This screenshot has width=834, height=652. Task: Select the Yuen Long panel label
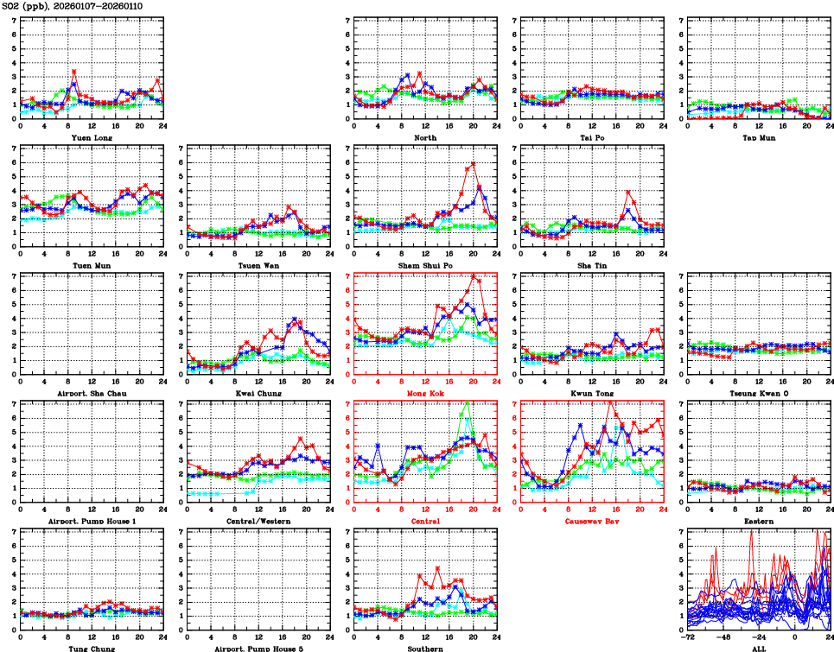click(91, 137)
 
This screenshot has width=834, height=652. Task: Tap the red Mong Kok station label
click(424, 394)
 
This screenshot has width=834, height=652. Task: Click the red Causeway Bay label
click(591, 522)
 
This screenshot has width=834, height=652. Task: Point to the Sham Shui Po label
click(424, 265)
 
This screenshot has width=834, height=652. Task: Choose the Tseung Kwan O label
click(758, 394)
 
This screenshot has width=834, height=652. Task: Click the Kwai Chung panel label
click(258, 394)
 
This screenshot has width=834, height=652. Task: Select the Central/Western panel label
click(258, 522)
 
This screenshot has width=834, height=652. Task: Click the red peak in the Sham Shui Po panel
click(474, 164)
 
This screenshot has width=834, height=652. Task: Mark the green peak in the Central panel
click(468, 402)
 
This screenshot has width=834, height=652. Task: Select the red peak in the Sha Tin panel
click(627, 192)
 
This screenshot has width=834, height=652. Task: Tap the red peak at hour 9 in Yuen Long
click(74, 72)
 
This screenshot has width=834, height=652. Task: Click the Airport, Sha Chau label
click(91, 394)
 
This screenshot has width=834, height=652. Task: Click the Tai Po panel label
click(591, 137)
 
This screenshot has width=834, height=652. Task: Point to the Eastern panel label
click(758, 522)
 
